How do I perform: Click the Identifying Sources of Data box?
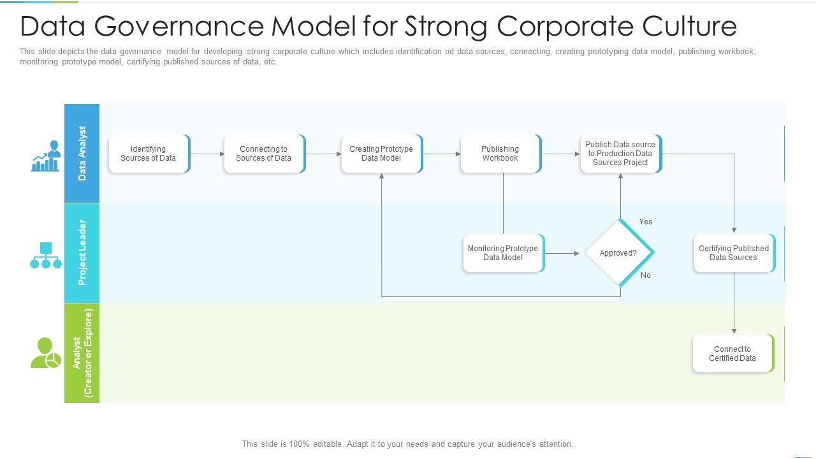pos(149,154)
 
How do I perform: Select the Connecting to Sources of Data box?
pos(264,154)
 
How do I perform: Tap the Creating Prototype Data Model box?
pos(381,154)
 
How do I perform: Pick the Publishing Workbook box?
pos(500,154)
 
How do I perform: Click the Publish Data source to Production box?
pos(620,154)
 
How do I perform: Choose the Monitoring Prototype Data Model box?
pos(503,253)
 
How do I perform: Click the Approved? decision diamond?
pos(619,253)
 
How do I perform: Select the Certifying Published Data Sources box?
pos(734,253)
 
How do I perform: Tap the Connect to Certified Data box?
pos(732,353)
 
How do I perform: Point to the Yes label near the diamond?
pos(646,222)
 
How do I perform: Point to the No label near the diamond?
pos(646,275)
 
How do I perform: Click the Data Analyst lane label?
pos(82,153)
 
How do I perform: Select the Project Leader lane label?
pos(82,252)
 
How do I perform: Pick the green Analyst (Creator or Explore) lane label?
pos(82,353)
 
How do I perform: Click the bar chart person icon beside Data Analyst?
pos(45,156)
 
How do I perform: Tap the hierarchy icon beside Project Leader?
pos(46,255)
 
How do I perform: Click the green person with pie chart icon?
pos(45,353)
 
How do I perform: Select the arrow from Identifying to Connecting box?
pos(207,154)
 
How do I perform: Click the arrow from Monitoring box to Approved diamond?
pos(562,253)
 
